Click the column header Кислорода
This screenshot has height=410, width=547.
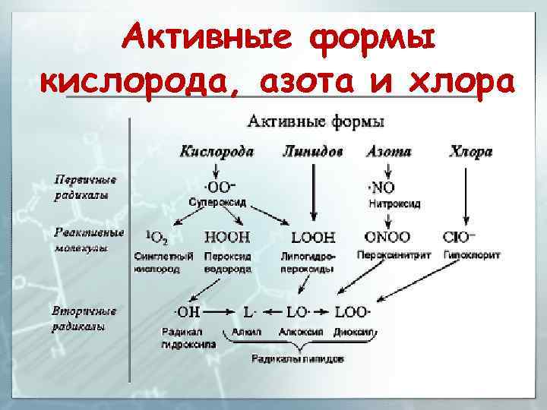(x=217, y=152)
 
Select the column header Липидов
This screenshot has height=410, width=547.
(x=311, y=152)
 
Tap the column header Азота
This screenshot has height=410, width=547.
(x=388, y=152)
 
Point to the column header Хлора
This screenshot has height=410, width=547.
(x=470, y=152)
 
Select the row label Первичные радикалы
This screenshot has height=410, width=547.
(x=84, y=188)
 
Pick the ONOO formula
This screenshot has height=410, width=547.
(x=387, y=237)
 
